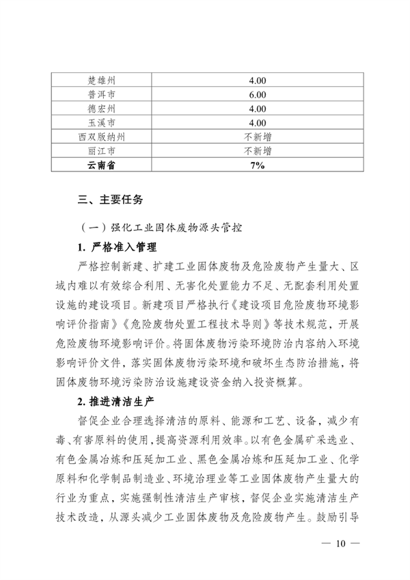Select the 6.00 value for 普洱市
click(x=258, y=95)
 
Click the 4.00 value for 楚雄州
click(x=258, y=81)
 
